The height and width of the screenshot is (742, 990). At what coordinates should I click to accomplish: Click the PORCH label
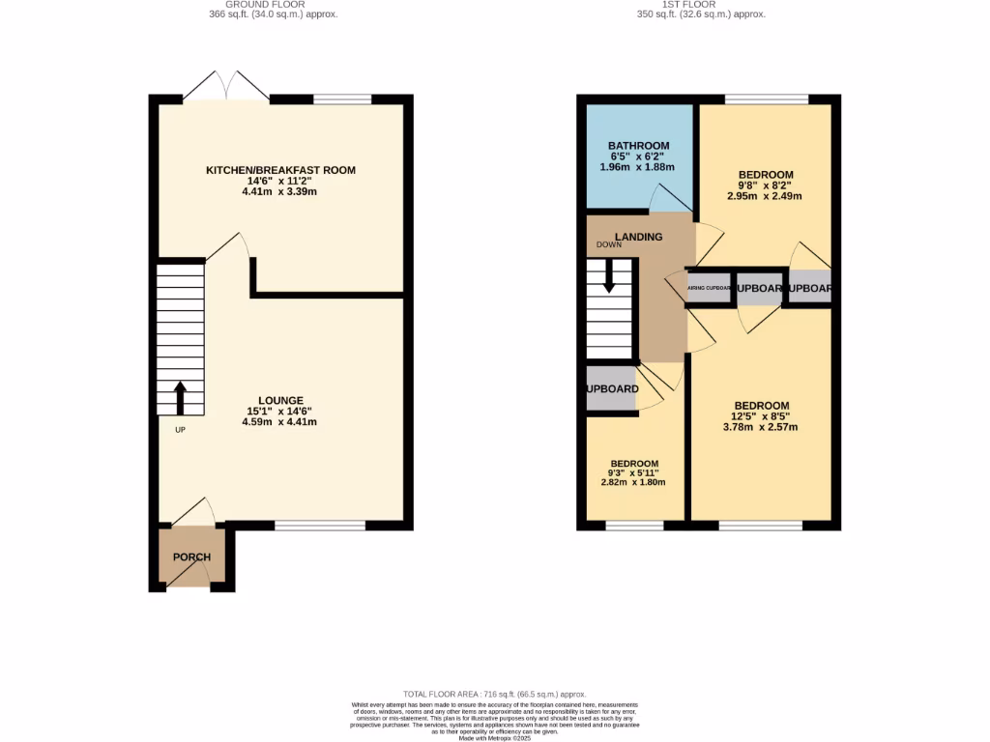tap(191, 557)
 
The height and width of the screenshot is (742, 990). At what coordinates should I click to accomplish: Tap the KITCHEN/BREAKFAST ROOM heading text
tap(280, 170)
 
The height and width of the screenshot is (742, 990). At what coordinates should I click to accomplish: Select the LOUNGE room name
tap(280, 400)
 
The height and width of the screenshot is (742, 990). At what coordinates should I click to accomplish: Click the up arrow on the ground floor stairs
tap(180, 396)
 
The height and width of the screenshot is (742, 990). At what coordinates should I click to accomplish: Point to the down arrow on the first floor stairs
tap(609, 278)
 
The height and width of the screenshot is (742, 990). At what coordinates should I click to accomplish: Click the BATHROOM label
tap(639, 146)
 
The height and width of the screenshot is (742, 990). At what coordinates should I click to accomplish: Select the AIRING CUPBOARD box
tap(709, 288)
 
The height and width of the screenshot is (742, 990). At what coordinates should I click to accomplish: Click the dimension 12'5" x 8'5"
tap(761, 416)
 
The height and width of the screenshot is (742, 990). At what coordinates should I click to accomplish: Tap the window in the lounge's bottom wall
tap(320, 525)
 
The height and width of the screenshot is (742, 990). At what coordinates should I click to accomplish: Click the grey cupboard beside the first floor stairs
tap(612, 388)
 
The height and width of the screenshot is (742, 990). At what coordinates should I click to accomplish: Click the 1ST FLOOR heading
tap(688, 5)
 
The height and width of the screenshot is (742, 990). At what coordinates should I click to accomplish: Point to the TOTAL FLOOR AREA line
tap(494, 695)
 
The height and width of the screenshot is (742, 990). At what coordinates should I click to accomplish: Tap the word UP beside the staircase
tap(180, 430)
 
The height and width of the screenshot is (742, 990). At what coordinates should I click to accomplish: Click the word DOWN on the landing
tap(609, 245)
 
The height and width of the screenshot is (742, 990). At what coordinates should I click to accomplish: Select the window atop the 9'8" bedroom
tap(767, 99)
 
